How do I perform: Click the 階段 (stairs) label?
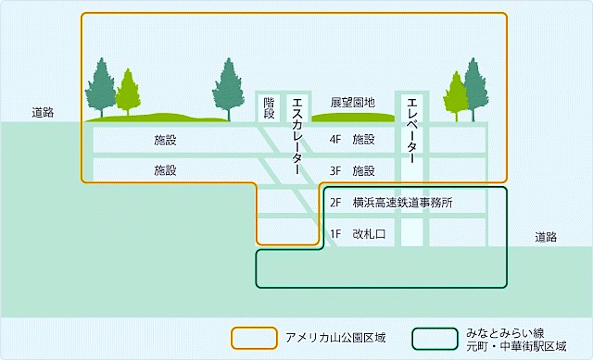(269, 108)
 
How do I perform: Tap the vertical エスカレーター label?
(297, 136)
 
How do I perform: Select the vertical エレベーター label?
(412, 130)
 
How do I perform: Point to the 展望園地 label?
(353, 102)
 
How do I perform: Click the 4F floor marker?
(335, 139)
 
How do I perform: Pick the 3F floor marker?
(335, 171)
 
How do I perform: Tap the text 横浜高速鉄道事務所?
(403, 202)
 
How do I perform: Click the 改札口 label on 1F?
(369, 234)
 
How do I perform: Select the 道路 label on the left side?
(42, 113)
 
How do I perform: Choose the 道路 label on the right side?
(546, 237)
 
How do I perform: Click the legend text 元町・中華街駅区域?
(516, 346)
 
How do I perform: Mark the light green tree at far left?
(128, 92)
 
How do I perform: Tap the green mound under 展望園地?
(353, 118)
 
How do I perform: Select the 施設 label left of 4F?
(165, 140)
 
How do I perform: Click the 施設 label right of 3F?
(364, 171)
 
